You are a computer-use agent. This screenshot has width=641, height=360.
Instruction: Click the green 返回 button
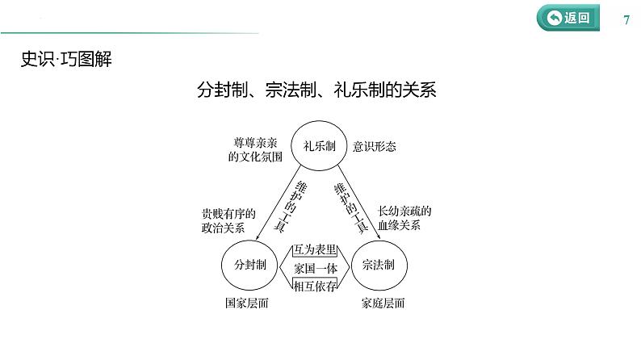pyautogui.click(x=568, y=18)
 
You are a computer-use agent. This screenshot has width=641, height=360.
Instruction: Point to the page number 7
pyautogui.click(x=626, y=19)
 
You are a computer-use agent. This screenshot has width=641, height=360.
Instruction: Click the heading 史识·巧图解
pyautogui.click(x=66, y=59)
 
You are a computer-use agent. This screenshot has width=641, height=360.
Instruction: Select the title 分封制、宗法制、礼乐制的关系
pyautogui.click(x=316, y=90)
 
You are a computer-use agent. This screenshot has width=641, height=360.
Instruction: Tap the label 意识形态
pyautogui.click(x=375, y=147)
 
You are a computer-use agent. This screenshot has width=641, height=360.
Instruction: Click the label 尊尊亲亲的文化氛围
pyautogui.click(x=255, y=149)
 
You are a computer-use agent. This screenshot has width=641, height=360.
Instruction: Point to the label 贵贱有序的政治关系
pyautogui.click(x=228, y=220)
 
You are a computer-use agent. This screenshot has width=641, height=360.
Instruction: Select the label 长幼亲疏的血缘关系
pyautogui.click(x=404, y=218)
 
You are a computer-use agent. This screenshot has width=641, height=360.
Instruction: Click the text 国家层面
pyautogui.click(x=247, y=303)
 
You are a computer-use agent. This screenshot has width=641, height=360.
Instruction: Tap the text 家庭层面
pyautogui.click(x=383, y=303)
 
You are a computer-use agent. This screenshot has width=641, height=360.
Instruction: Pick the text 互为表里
pyautogui.click(x=315, y=249)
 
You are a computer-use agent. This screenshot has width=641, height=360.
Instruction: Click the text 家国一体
pyautogui.click(x=316, y=269)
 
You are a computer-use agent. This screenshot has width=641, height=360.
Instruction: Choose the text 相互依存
pyautogui.click(x=315, y=286)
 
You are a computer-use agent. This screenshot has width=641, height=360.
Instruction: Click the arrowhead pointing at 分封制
pyautogui.click(x=258, y=237)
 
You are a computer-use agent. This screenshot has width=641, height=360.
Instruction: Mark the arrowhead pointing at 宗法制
pyautogui.click(x=379, y=237)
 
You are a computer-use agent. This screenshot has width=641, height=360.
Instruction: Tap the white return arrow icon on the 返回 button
pyautogui.click(x=554, y=18)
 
